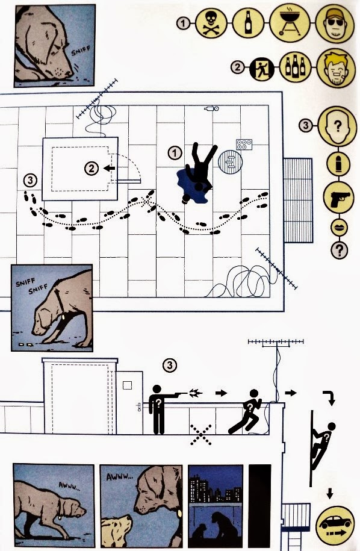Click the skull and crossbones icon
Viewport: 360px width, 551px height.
(x=211, y=23)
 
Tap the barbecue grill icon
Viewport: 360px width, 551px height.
(x=290, y=22)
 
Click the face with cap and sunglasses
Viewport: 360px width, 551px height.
(x=335, y=23)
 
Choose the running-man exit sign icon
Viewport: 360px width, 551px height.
(x=262, y=68)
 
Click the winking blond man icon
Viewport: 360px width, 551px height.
(x=336, y=68)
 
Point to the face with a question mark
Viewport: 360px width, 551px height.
(x=337, y=126)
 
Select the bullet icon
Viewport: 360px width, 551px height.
(x=338, y=163)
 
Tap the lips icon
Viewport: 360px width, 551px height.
(x=339, y=228)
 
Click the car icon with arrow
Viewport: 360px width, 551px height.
(x=335, y=525)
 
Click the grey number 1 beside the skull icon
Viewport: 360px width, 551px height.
(x=184, y=23)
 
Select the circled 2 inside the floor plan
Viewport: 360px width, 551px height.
(x=92, y=169)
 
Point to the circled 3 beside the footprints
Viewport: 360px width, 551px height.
(x=31, y=181)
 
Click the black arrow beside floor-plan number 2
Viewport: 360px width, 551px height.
(x=110, y=169)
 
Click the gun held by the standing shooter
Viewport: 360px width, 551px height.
(x=180, y=394)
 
